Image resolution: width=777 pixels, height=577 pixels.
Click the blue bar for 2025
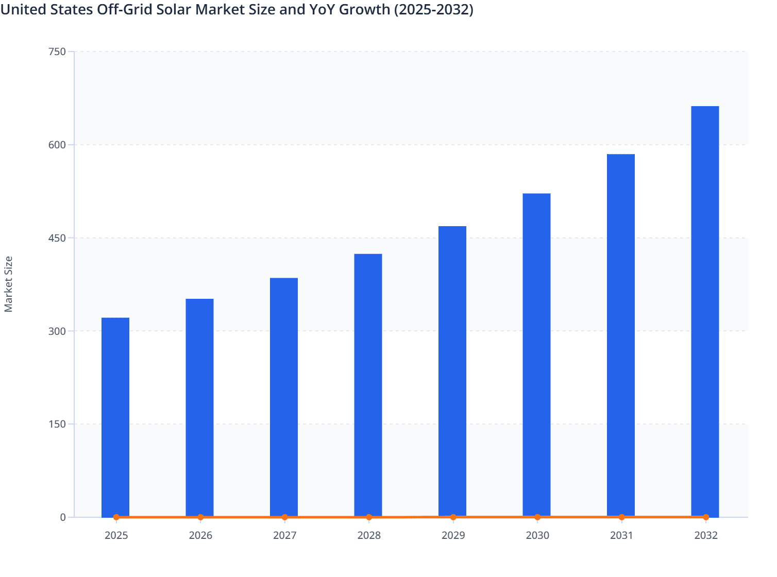coord(115,417)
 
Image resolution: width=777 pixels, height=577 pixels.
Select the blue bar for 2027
coord(284,397)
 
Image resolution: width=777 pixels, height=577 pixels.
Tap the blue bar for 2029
coord(452,371)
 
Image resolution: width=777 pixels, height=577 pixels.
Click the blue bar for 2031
coord(621,335)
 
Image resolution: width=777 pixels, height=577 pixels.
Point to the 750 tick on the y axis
coord(57,52)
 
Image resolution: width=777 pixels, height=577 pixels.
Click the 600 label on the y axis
coord(57,145)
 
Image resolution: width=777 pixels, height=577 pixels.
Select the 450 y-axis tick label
coord(57,238)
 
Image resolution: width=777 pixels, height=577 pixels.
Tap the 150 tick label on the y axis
coord(57,424)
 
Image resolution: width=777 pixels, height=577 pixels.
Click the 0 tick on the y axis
coord(63,517)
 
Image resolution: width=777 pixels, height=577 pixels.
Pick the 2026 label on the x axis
coord(200,535)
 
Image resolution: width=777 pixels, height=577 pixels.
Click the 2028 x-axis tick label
coord(369,535)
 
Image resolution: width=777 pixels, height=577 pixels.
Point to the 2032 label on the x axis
coord(706,535)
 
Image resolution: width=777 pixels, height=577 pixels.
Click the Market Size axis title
coord(9,284)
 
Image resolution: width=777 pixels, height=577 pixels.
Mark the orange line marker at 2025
coord(116,517)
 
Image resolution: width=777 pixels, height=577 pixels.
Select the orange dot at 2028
coord(369,517)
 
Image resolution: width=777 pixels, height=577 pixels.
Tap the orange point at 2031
coord(621,517)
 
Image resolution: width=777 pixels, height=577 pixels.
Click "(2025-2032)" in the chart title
coord(433,9)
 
